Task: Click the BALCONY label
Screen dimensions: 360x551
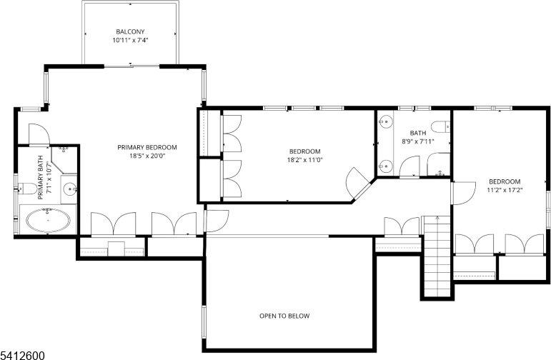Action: coord(130,31)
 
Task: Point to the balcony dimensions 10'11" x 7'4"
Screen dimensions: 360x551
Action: coord(130,41)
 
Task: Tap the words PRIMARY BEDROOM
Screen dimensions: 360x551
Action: coord(147,147)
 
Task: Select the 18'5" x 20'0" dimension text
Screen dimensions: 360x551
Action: coord(147,156)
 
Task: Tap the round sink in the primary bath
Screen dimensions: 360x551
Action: coord(70,189)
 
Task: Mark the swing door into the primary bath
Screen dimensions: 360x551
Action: coord(37,134)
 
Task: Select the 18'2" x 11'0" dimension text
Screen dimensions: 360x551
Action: coord(305,160)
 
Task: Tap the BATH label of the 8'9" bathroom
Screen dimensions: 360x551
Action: coord(417,133)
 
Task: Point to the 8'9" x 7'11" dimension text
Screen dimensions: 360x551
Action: coord(417,141)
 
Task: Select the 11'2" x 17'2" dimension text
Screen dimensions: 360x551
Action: coord(505,191)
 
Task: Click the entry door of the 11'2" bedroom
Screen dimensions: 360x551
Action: coord(462,193)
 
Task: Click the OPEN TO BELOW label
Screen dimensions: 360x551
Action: coord(284,315)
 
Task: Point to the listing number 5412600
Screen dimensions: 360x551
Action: coord(23,354)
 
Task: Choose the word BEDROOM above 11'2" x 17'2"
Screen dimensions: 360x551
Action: coord(505,181)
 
